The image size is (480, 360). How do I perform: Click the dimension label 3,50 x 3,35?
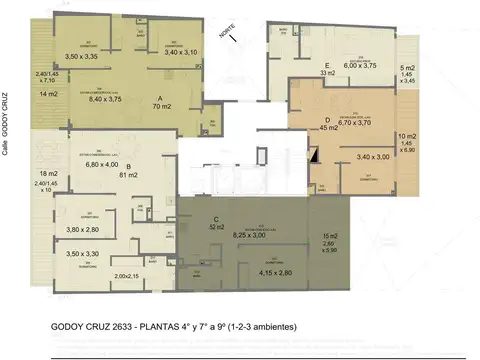pyautogui.click(x=83, y=58)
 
